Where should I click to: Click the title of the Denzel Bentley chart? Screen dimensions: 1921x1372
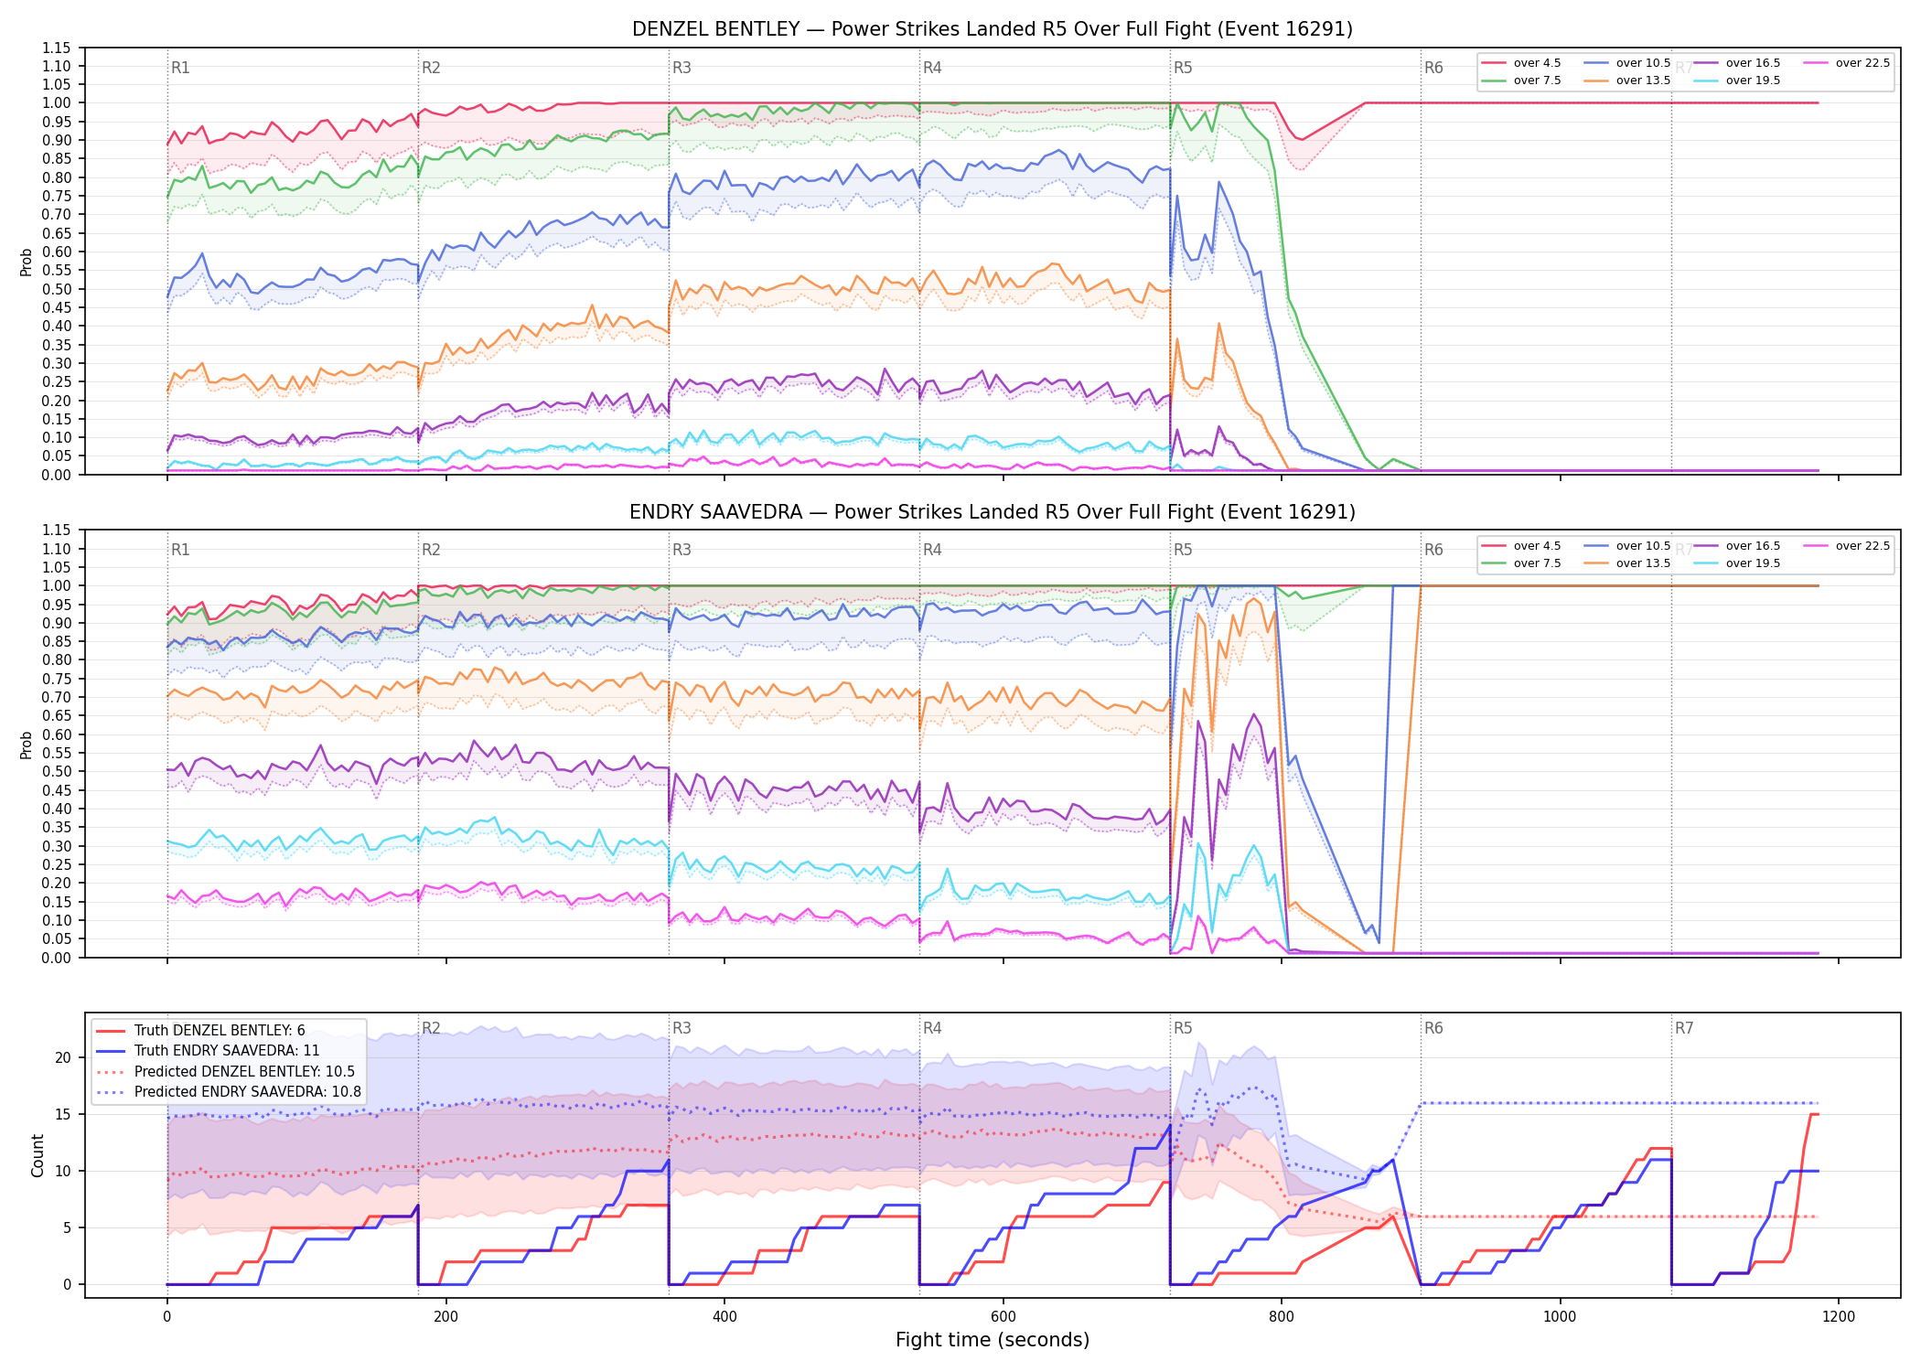(x=993, y=29)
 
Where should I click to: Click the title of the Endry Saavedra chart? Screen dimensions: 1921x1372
(x=993, y=512)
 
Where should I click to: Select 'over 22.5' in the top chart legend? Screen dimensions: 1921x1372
(x=1862, y=63)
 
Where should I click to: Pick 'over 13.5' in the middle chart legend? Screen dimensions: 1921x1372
(x=1643, y=563)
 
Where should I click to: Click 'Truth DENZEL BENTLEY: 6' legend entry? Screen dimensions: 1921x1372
(x=220, y=1031)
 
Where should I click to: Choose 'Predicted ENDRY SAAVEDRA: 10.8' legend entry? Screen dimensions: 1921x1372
(x=248, y=1092)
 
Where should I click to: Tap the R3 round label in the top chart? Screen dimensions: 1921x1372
(x=681, y=68)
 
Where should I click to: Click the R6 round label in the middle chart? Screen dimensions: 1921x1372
(x=1433, y=550)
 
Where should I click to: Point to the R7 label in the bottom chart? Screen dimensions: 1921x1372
(x=1684, y=1028)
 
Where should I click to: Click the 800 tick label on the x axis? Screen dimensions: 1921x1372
(x=1282, y=1317)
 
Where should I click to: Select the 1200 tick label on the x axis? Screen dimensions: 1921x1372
(x=1839, y=1317)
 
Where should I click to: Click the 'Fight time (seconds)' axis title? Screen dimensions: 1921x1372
(x=993, y=1341)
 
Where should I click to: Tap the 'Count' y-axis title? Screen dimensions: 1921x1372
(x=38, y=1156)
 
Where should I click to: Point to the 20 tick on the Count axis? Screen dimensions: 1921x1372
(x=63, y=1058)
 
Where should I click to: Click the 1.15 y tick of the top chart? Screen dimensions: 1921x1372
(x=56, y=48)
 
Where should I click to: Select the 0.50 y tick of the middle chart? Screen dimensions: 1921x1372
(x=56, y=771)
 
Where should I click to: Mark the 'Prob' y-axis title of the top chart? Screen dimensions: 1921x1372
(x=27, y=263)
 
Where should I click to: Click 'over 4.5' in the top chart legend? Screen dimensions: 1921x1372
(x=1537, y=63)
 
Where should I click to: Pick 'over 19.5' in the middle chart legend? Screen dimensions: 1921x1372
(x=1753, y=563)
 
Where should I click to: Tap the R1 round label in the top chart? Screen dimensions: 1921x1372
(x=180, y=68)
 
